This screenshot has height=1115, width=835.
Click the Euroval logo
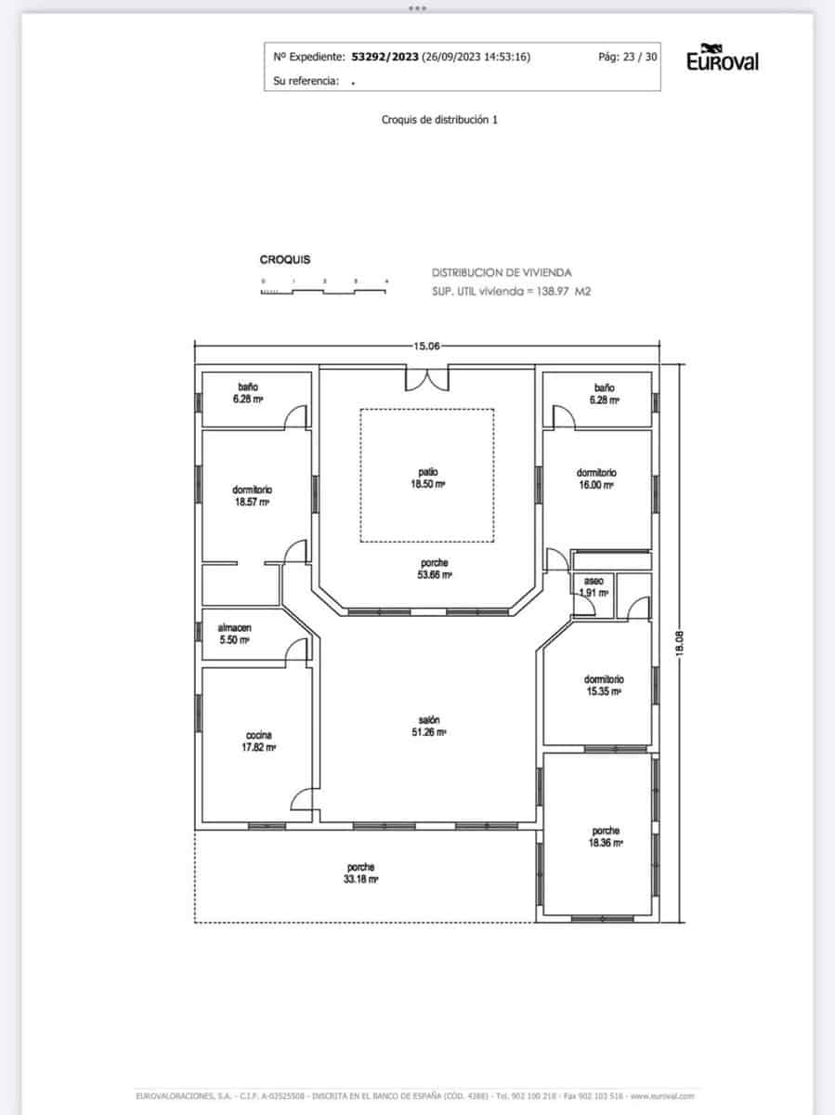[x=722, y=59]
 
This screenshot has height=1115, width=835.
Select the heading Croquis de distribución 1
[x=439, y=119]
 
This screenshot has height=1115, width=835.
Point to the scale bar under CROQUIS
[x=324, y=290]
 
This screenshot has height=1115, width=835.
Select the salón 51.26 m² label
[x=428, y=726]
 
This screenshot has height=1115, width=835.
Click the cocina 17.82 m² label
[x=258, y=740]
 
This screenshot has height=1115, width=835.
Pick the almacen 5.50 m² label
[x=234, y=634]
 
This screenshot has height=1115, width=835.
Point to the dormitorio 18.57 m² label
[x=252, y=495]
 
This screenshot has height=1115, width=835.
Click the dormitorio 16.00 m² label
[x=595, y=479]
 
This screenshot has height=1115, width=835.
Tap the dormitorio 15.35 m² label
[x=603, y=685]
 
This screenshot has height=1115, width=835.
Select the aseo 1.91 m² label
[x=593, y=586]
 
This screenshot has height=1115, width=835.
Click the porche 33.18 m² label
[x=360, y=872]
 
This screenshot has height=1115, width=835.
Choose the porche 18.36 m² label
[x=606, y=836]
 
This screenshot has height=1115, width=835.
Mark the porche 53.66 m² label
[x=435, y=569]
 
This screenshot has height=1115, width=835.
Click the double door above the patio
[x=427, y=379]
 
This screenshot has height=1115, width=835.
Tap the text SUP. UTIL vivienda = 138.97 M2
[x=511, y=291]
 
